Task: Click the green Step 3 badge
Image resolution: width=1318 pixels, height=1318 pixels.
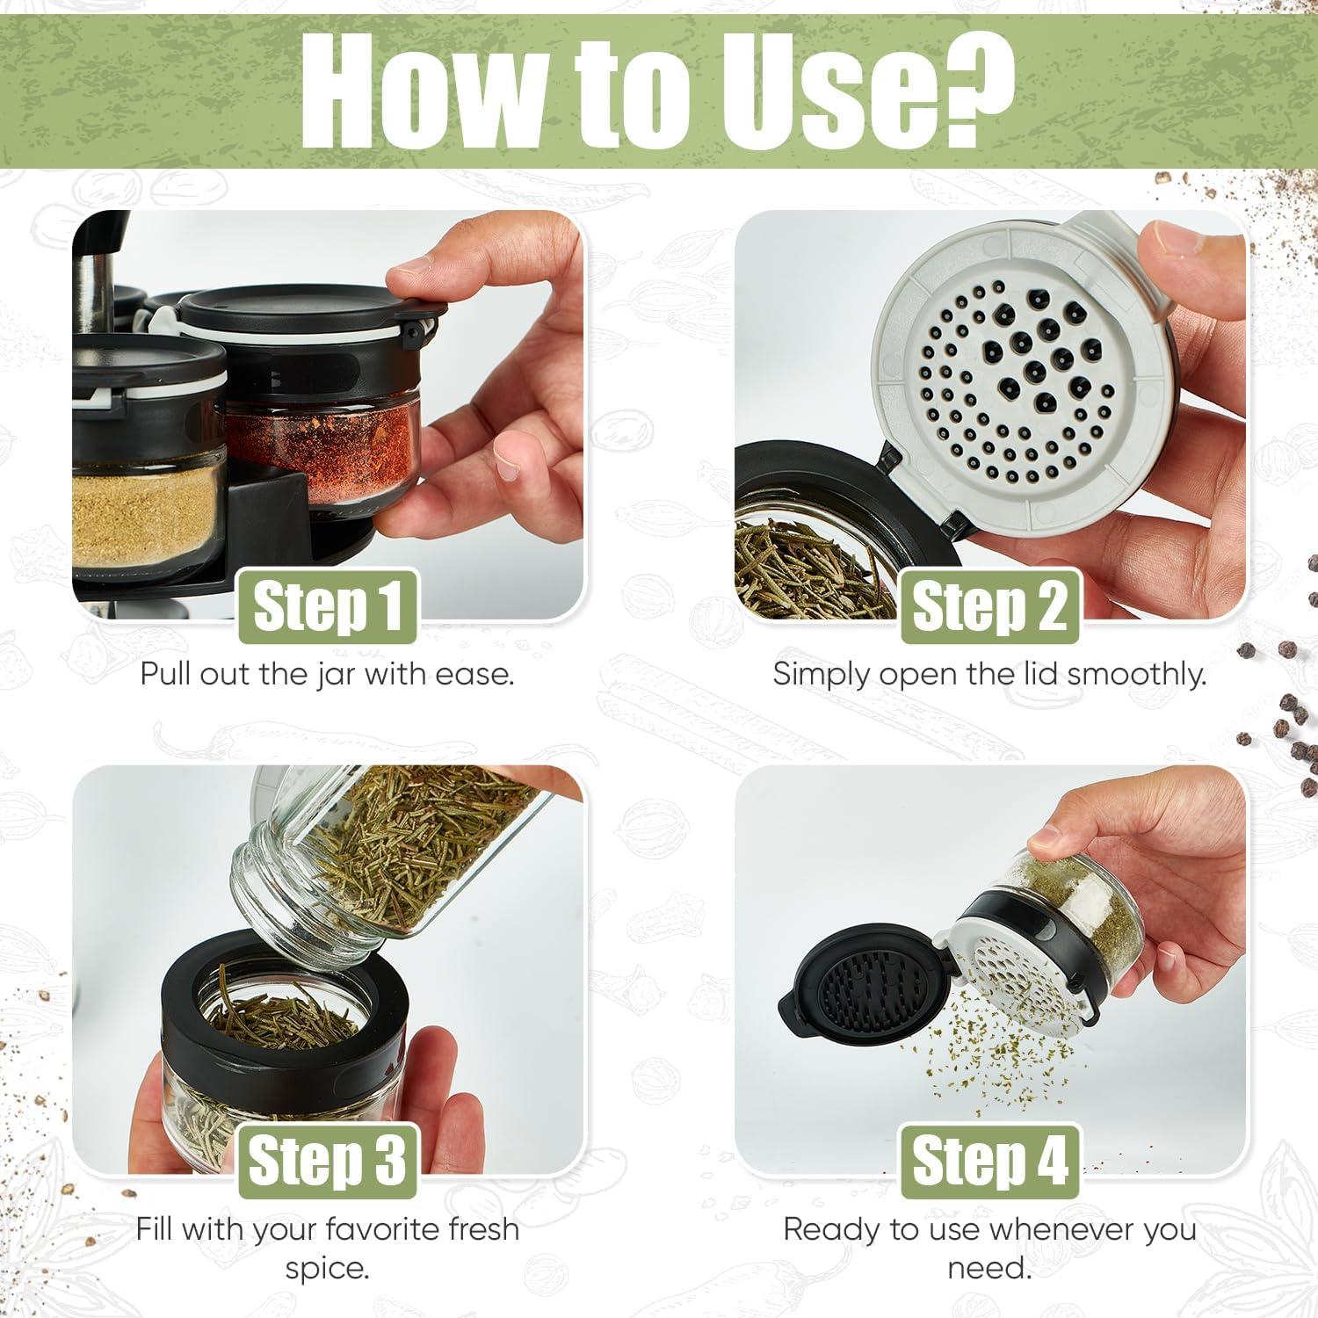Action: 328,1161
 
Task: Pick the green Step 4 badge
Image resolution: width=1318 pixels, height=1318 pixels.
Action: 989,1161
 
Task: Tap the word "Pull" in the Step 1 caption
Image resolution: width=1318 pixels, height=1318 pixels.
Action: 168,675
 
